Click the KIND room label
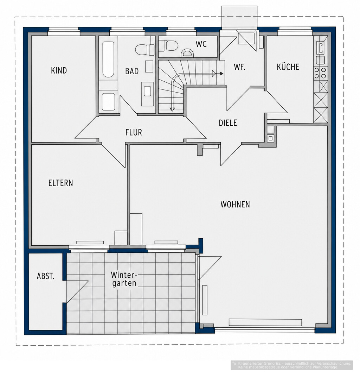59,70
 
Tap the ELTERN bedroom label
60,183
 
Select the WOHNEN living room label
235,205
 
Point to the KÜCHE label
288,67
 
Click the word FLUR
134,132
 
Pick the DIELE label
228,123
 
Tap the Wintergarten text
124,279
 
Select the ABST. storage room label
46,276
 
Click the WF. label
239,67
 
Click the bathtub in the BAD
108,59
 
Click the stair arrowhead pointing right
221,74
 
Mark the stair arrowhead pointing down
172,109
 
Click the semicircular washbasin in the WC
187,53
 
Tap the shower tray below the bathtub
108,102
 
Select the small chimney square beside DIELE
270,138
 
